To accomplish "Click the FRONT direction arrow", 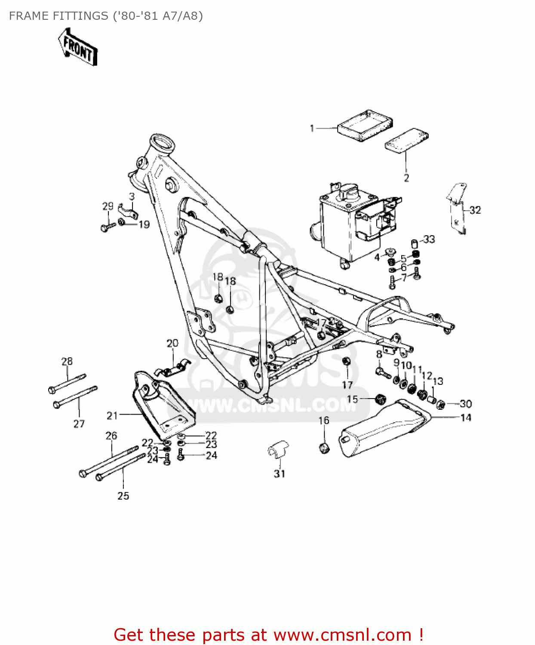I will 78,47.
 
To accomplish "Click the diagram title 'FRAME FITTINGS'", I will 58,16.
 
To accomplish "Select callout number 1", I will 312,128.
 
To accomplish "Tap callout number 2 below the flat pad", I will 406,178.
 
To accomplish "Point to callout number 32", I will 475,210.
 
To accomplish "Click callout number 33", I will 429,239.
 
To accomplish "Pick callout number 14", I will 466,418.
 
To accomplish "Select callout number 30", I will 466,404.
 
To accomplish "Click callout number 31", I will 280,473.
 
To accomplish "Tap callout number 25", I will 123,496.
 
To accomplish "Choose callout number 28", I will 67,361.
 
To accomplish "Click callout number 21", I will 112,415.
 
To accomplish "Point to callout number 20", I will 172,343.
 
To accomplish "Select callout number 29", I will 108,206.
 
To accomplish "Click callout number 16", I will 324,420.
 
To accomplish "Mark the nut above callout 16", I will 325,448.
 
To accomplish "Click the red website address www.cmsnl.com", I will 342,635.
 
